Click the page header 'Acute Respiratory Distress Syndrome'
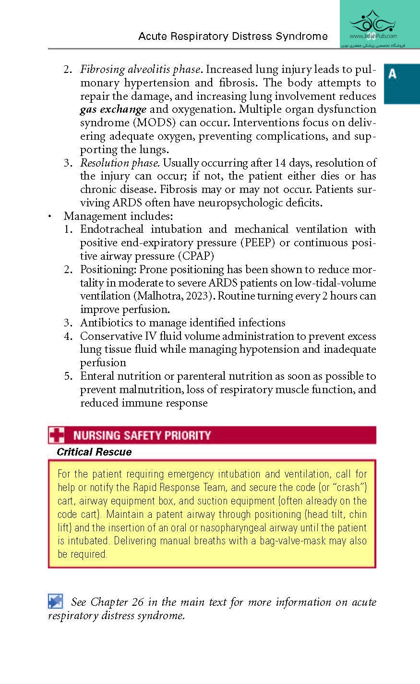tap(233, 36)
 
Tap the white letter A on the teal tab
tap(393, 74)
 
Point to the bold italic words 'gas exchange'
tap(113, 109)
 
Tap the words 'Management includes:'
tap(118, 216)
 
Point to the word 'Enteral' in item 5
tap(99, 376)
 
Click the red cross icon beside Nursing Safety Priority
tap(56, 435)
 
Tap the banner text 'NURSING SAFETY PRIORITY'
tap(142, 435)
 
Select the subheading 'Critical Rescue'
tap(94, 452)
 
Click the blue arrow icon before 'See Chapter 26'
tap(56, 601)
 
